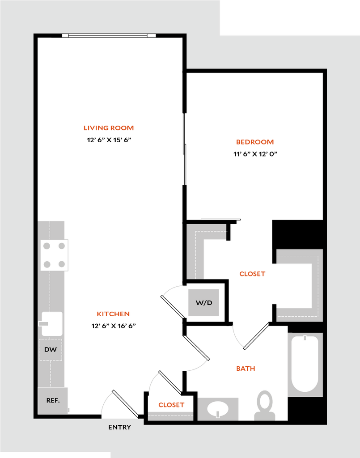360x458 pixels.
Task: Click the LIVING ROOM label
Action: click(x=109, y=128)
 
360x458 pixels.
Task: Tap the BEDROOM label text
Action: click(x=255, y=142)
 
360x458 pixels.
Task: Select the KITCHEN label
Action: click(x=113, y=314)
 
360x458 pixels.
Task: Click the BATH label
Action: click(x=246, y=369)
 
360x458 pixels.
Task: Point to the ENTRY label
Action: click(x=119, y=427)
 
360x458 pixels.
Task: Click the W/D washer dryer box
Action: click(x=204, y=303)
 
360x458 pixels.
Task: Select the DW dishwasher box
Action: click(x=51, y=350)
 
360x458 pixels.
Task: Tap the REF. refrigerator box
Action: click(x=53, y=400)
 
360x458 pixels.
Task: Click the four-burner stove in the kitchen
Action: click(x=54, y=255)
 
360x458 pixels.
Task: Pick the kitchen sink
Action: click(x=52, y=324)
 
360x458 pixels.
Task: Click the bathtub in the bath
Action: click(x=305, y=364)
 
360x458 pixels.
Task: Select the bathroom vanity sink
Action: click(x=218, y=409)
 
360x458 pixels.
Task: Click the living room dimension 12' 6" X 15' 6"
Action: click(x=109, y=140)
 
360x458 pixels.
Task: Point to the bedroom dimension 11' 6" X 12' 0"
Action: click(x=255, y=154)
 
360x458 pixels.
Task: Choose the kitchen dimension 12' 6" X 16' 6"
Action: click(x=114, y=326)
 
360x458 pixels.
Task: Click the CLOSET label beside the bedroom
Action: click(x=252, y=274)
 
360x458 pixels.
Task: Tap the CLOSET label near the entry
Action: click(x=171, y=405)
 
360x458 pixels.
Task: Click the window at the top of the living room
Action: click(x=109, y=36)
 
